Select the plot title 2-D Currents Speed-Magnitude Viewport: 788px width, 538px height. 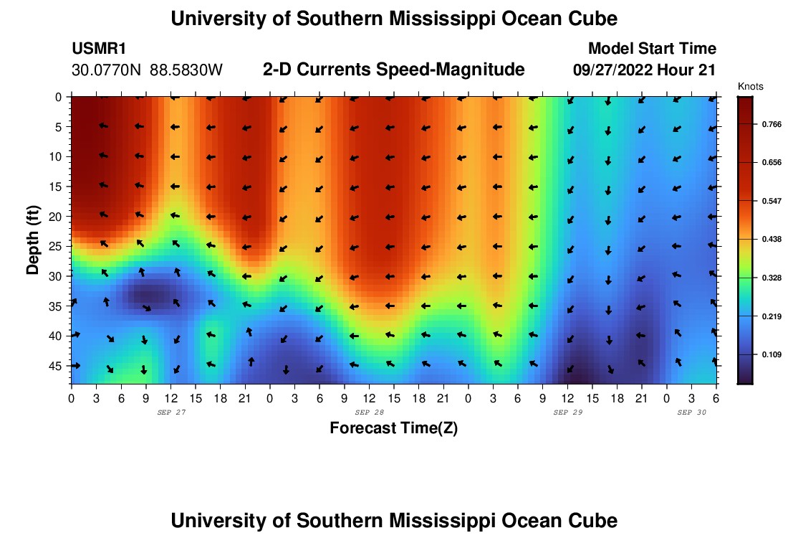(x=394, y=70)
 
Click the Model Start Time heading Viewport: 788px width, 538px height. (x=652, y=49)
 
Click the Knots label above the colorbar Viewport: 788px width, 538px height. (x=750, y=87)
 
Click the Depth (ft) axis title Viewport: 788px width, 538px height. (x=32, y=232)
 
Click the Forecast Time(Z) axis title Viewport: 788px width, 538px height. (x=393, y=428)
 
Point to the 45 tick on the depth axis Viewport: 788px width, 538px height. (x=57, y=366)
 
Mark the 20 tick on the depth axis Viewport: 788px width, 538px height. (x=57, y=216)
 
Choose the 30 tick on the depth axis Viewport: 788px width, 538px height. (x=57, y=276)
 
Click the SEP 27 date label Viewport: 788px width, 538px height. (x=170, y=412)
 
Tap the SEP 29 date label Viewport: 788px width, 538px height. (x=567, y=412)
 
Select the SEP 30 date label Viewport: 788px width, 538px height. (x=692, y=412)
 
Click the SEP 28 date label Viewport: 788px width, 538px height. (x=369, y=412)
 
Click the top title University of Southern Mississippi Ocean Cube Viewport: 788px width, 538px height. (x=394, y=19)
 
